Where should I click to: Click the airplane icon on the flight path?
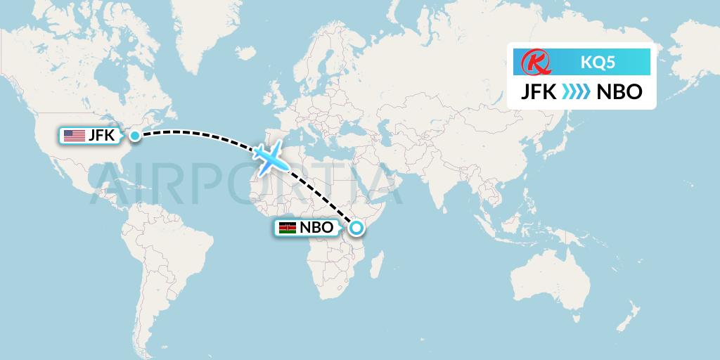(270, 158)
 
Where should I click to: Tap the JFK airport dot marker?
(134, 135)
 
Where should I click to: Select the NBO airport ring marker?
(356, 227)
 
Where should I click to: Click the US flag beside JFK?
(74, 136)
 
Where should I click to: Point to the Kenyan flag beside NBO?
(287, 228)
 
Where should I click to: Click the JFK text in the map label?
(101, 136)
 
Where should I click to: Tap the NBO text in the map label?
(316, 228)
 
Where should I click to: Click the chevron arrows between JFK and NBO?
(576, 92)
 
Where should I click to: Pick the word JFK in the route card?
(539, 92)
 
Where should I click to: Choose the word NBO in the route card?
(619, 92)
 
